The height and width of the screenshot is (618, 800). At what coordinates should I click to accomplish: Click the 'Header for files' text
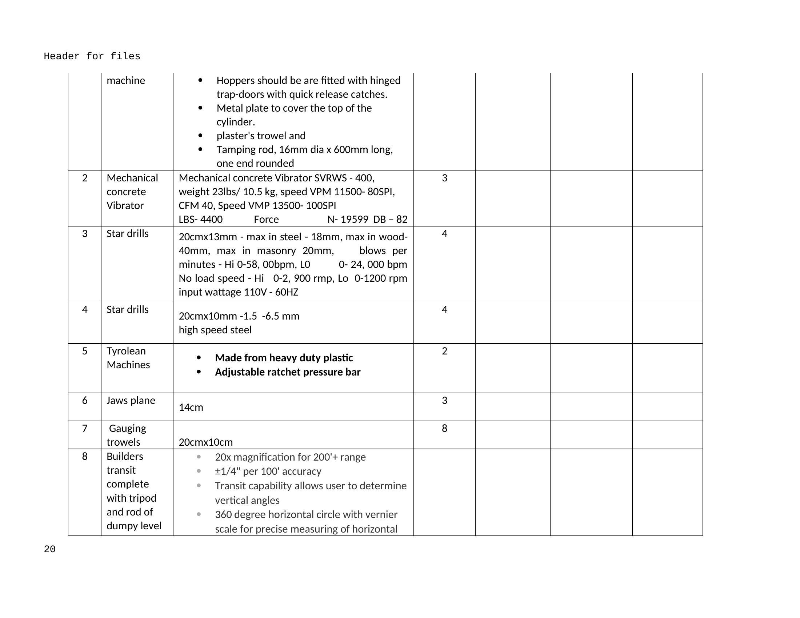pyautogui.click(x=92, y=56)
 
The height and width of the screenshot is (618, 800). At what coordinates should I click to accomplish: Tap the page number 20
pyautogui.click(x=49, y=549)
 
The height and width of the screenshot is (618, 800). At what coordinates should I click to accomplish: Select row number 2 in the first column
pyautogui.click(x=85, y=178)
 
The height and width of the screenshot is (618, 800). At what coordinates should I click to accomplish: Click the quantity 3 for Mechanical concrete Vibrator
pyautogui.click(x=444, y=178)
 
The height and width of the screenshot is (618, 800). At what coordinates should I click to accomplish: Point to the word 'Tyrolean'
pyautogui.click(x=126, y=351)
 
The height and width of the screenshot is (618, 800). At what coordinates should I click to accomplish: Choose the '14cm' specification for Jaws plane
pyautogui.click(x=191, y=407)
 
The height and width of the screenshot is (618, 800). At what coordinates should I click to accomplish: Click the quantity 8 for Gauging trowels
pyautogui.click(x=444, y=428)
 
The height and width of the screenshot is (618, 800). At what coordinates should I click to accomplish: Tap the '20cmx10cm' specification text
pyautogui.click(x=205, y=442)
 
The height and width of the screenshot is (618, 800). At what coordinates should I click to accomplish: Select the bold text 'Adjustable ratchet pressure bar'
pyautogui.click(x=288, y=372)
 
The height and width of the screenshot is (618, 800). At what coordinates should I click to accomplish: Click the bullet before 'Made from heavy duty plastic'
pyautogui.click(x=199, y=358)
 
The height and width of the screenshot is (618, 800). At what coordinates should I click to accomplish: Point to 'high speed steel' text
pyautogui.click(x=215, y=330)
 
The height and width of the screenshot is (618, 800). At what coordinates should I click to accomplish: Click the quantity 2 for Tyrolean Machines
pyautogui.click(x=444, y=351)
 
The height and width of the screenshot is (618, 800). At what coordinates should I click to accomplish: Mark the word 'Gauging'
pyautogui.click(x=128, y=428)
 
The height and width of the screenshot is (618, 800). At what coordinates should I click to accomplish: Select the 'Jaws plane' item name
pyautogui.click(x=131, y=400)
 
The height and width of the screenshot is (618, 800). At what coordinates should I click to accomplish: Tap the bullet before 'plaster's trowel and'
pyautogui.click(x=200, y=136)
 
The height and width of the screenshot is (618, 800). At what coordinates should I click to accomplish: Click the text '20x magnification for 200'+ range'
pyautogui.click(x=290, y=457)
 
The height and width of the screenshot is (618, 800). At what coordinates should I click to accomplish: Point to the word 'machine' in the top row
pyautogui.click(x=126, y=80)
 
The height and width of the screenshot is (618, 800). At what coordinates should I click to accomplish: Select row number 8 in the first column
pyautogui.click(x=85, y=456)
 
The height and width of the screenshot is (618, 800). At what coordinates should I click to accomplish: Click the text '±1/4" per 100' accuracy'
pyautogui.click(x=268, y=471)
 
